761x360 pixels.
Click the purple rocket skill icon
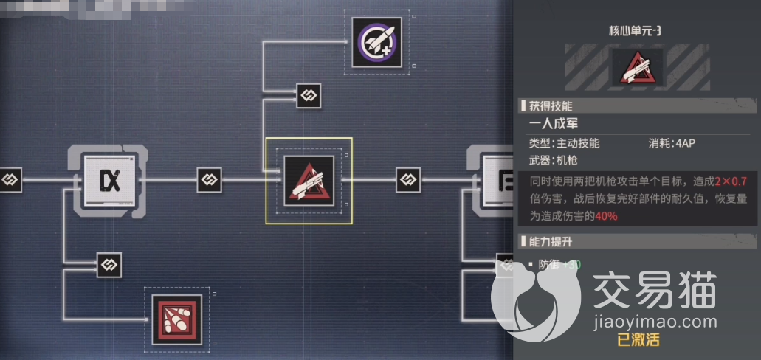pos(376,41)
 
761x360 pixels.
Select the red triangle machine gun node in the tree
pos(309,181)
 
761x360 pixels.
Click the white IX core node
pos(110,179)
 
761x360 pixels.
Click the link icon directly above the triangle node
pos(308,95)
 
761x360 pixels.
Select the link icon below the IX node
pos(109,265)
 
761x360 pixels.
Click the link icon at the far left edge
pos(10,179)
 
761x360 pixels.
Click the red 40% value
pos(606,216)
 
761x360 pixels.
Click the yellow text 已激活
pos(639,341)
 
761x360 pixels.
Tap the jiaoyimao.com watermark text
pos(661,322)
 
